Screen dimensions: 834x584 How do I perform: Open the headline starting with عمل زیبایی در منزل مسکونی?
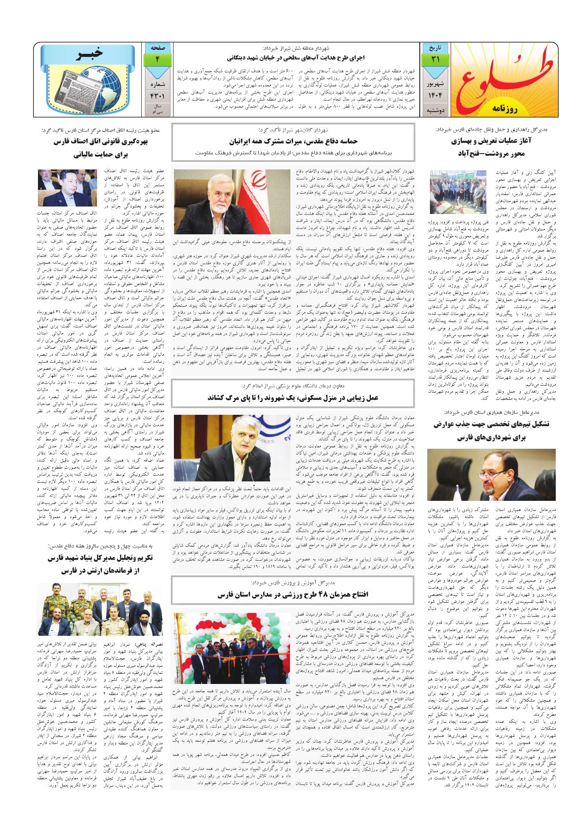(293, 398)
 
